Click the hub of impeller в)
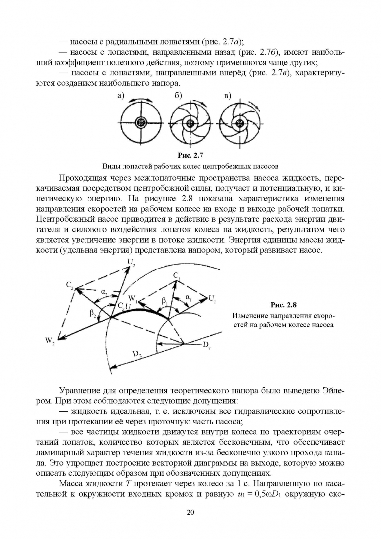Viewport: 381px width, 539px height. (240, 123)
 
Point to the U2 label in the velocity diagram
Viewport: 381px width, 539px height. (131, 262)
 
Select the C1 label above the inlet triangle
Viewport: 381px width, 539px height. (177, 275)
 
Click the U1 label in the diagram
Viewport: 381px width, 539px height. (212, 299)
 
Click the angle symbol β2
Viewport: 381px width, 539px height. (93, 313)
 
